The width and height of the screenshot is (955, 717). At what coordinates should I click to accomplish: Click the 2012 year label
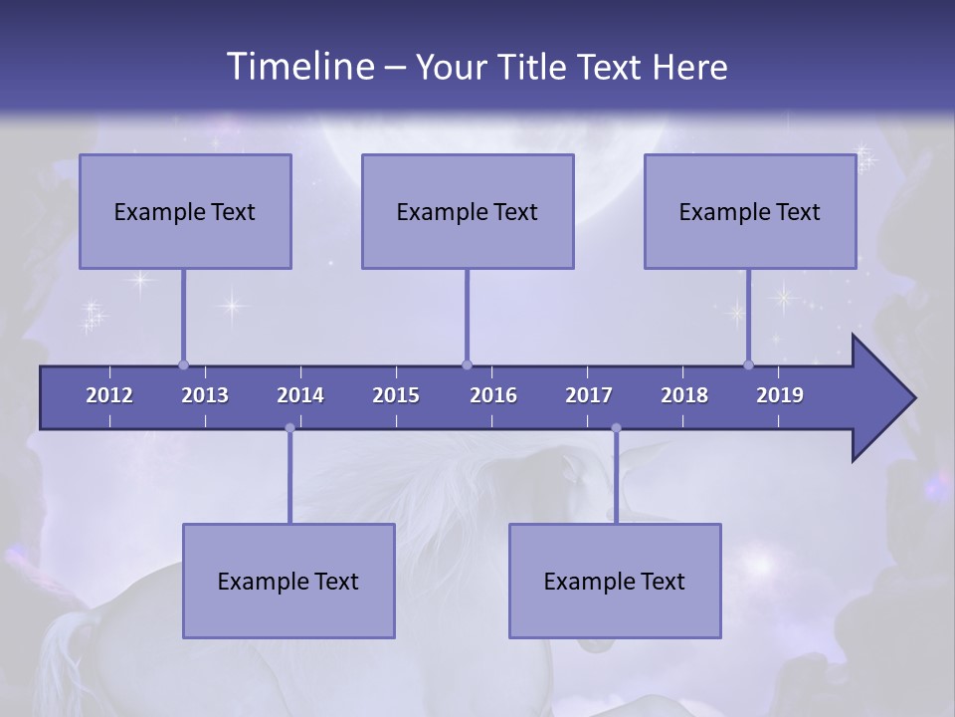click(109, 395)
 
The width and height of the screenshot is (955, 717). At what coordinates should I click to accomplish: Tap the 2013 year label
click(205, 395)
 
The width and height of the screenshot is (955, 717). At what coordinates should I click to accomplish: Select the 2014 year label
click(300, 395)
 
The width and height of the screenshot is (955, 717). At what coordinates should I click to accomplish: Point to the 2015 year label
click(396, 395)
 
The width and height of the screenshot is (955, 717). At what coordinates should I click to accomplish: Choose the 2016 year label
click(493, 395)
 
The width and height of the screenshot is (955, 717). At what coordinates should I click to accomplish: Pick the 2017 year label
click(589, 395)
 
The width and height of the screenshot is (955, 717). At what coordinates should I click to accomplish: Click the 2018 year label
click(684, 395)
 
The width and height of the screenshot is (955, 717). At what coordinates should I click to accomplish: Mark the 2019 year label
click(780, 395)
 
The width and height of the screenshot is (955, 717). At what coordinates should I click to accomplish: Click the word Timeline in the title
click(298, 67)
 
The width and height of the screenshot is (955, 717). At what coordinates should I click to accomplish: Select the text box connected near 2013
click(185, 211)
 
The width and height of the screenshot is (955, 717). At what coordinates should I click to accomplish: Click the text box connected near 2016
click(468, 211)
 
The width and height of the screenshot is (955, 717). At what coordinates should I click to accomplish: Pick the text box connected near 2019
click(750, 211)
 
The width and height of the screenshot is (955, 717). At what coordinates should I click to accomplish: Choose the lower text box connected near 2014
click(288, 581)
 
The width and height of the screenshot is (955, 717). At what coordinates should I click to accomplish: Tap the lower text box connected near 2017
click(615, 581)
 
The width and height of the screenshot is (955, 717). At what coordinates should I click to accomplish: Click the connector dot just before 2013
click(183, 364)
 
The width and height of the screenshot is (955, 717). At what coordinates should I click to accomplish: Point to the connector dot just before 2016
click(467, 364)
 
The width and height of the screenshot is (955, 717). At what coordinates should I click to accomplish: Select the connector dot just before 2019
click(748, 364)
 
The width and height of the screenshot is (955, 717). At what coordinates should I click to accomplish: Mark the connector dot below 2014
click(289, 428)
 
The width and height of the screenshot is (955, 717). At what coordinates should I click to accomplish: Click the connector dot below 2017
click(616, 428)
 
